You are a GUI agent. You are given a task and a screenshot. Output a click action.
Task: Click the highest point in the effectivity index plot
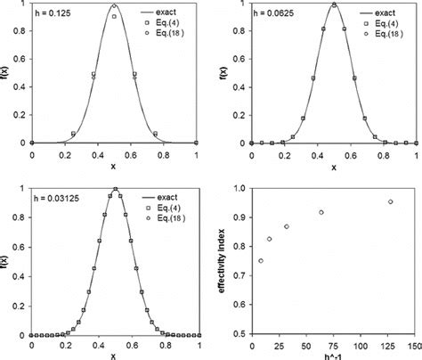pyautogui.click(x=390, y=202)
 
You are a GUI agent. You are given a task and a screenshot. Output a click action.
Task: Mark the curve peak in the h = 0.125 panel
pyautogui.click(x=114, y=5)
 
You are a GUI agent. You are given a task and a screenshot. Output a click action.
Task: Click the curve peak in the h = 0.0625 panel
pyautogui.click(x=333, y=4)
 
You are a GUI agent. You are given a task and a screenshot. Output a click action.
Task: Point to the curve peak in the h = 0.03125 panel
pyautogui.click(x=115, y=189)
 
